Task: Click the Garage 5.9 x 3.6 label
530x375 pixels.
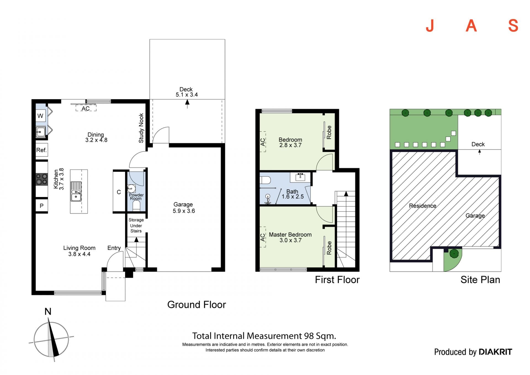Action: (x=184, y=208)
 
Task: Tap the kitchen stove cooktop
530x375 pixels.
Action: (x=42, y=179)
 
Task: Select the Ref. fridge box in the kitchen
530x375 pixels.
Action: (x=42, y=150)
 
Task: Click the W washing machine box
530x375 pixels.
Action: (x=41, y=116)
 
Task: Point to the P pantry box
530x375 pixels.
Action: (x=42, y=206)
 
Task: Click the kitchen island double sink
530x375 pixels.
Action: (x=76, y=191)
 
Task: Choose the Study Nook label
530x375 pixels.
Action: (x=141, y=128)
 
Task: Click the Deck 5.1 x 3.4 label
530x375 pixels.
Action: (x=187, y=92)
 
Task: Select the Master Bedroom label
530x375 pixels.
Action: (x=290, y=235)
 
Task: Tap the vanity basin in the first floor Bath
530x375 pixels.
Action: (x=300, y=177)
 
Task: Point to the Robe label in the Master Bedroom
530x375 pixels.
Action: (x=329, y=248)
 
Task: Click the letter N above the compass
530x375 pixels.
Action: (x=48, y=312)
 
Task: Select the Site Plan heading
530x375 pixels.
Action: (x=480, y=280)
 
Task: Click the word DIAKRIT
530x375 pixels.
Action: (x=495, y=352)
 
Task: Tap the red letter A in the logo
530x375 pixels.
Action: (x=471, y=26)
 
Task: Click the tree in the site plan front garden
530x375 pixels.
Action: (x=454, y=253)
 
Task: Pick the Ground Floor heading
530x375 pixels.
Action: (x=197, y=305)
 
